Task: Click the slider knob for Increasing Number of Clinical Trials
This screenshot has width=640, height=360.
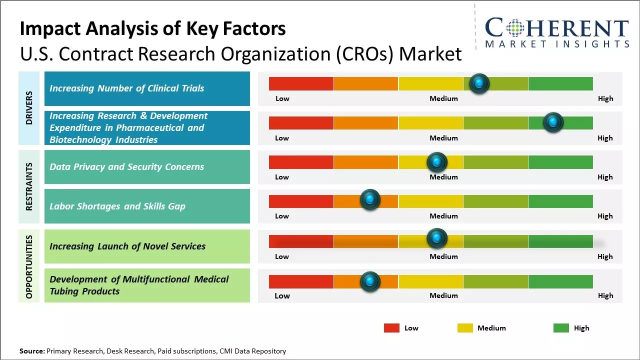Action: [479, 83]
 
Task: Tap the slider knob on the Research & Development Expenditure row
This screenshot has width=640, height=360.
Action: [553, 122]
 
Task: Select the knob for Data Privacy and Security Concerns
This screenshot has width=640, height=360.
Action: [436, 162]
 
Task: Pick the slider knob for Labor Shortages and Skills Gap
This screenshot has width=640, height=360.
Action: [370, 200]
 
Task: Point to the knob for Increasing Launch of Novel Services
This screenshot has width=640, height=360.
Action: [436, 238]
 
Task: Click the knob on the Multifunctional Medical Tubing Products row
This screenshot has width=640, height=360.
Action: [370, 281]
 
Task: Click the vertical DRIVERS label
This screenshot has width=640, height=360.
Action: [29, 108]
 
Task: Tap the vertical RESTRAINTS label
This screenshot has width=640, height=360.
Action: [29, 186]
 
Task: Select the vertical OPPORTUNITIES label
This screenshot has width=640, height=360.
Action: [29, 266]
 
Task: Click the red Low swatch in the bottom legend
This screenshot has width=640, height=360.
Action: [391, 328]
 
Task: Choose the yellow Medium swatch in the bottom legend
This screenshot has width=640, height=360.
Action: [465, 328]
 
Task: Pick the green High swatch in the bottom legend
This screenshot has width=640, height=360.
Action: [561, 328]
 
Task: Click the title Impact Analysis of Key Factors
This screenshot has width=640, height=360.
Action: [152, 29]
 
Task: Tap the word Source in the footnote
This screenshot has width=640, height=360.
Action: [31, 351]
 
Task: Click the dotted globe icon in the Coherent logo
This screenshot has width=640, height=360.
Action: [515, 28]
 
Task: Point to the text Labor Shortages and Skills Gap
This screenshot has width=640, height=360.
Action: [117, 206]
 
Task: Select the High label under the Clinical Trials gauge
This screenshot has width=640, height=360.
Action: [605, 98]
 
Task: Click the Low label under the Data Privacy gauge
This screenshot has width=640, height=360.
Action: [282, 177]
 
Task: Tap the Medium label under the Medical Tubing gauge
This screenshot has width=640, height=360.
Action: [443, 295]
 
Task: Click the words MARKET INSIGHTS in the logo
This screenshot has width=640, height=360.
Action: [557, 44]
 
